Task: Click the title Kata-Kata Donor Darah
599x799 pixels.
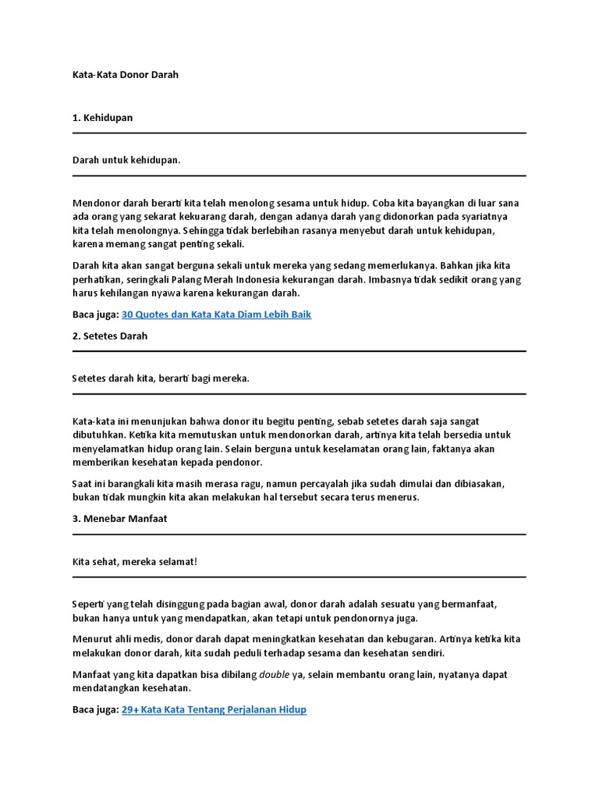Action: [x=125, y=75]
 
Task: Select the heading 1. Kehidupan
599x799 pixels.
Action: [x=102, y=118]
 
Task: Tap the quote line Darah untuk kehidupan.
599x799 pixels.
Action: [x=126, y=160]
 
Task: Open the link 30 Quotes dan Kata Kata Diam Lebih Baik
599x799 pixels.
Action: [x=216, y=314]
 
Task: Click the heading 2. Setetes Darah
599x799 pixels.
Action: [x=109, y=336]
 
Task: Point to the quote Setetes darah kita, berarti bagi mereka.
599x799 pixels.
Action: [x=161, y=378]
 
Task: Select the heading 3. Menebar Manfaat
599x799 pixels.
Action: [x=119, y=519]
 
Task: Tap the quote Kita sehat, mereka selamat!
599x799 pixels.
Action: [x=135, y=562]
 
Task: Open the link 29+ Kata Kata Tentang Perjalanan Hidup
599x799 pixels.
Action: [x=214, y=710]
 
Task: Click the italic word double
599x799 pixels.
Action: [x=274, y=675]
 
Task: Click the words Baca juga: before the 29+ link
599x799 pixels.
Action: [x=95, y=710]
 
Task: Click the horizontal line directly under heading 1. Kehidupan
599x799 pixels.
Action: [x=299, y=133]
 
